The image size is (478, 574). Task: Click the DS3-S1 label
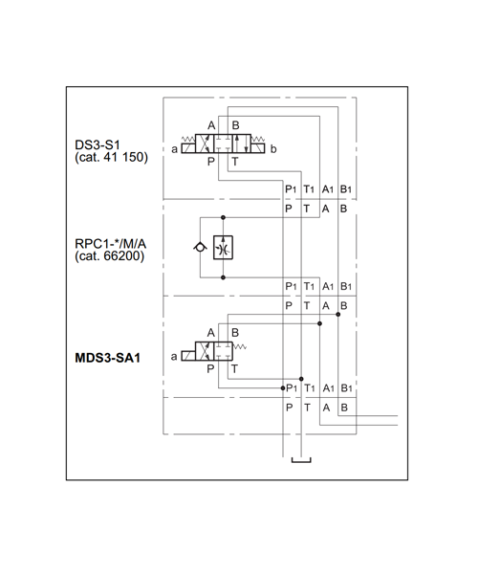point(98,145)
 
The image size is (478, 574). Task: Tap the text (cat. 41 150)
point(111,158)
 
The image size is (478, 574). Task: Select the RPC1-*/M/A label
point(111,244)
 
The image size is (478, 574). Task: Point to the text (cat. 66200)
point(109,255)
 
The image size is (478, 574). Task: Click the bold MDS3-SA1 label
point(107,358)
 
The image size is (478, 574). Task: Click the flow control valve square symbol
point(223,248)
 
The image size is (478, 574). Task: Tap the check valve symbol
point(200,248)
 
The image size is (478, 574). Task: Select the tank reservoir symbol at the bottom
point(301,461)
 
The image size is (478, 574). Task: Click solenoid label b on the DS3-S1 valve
point(273,149)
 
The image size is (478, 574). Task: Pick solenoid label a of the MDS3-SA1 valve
point(174,356)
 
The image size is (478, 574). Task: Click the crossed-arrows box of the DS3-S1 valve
point(205,143)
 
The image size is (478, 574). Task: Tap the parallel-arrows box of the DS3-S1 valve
point(241,143)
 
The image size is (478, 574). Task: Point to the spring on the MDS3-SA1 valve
point(240,346)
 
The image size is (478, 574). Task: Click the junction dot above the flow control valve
point(223,217)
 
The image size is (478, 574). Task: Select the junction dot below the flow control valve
point(223,277)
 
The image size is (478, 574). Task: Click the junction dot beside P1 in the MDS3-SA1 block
point(283,388)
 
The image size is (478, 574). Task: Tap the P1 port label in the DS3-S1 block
point(291,189)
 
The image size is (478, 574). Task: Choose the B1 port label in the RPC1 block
point(346,286)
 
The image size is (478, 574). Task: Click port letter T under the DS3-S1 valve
point(235,162)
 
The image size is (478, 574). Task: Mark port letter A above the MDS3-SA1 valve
point(210,333)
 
